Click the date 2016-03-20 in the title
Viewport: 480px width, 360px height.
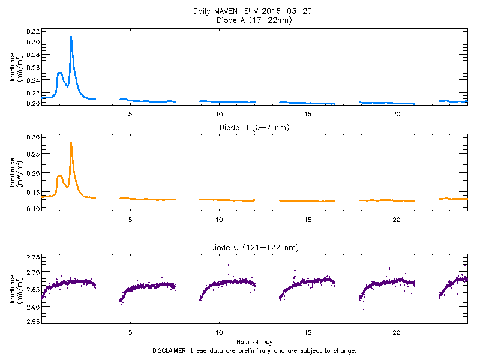(292, 11)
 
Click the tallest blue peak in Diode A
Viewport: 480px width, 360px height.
(71, 37)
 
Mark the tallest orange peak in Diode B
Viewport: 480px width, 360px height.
(71, 143)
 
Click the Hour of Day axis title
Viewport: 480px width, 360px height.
(254, 342)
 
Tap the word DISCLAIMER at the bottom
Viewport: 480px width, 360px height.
(170, 350)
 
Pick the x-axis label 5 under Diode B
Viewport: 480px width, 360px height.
(130, 219)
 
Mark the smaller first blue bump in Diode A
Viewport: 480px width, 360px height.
(59, 73)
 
